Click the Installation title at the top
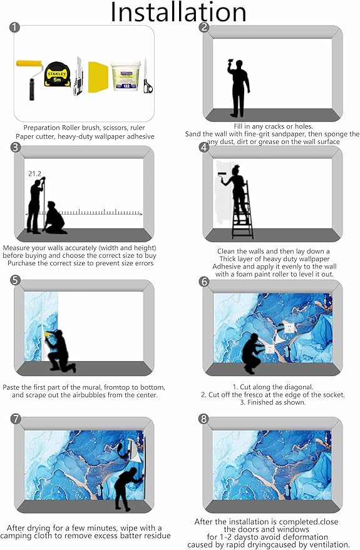click(178, 12)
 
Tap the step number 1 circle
click(14, 28)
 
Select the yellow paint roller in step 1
click(30, 79)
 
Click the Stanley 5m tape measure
click(58, 74)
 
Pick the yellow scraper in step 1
click(98, 77)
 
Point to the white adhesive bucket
click(126, 76)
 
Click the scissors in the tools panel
click(147, 76)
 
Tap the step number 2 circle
click(204, 28)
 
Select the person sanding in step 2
click(239, 88)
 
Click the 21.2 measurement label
click(34, 173)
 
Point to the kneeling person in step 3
click(54, 218)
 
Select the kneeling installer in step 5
click(59, 350)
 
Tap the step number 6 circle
click(204, 282)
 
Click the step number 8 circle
click(204, 419)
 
